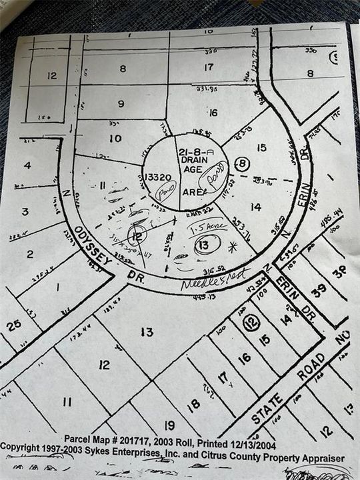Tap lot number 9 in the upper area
tap(121, 103)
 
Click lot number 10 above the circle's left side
tap(116, 138)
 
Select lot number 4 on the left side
tap(27, 165)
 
